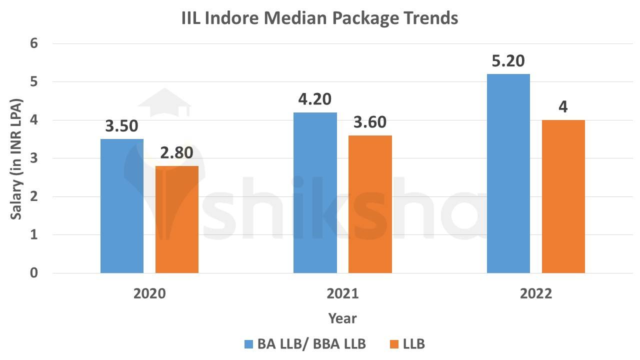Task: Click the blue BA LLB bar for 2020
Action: (x=122, y=206)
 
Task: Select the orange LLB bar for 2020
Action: (x=177, y=219)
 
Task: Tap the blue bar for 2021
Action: (x=315, y=192)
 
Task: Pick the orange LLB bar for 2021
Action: (x=370, y=204)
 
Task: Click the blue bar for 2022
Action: (x=508, y=173)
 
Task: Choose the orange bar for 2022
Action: (x=563, y=196)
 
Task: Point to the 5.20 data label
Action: (x=508, y=61)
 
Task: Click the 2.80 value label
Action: (x=176, y=153)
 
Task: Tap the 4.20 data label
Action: (x=315, y=99)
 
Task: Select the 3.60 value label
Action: (x=370, y=122)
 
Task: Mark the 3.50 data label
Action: (x=121, y=126)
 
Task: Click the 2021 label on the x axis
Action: (x=342, y=293)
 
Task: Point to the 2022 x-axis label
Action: (x=535, y=293)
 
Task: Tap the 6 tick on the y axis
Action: (x=34, y=43)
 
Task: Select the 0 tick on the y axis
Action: (x=34, y=273)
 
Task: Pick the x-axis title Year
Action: (x=342, y=318)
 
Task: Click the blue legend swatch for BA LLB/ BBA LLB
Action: (x=249, y=344)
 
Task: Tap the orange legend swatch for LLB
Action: (x=394, y=344)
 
